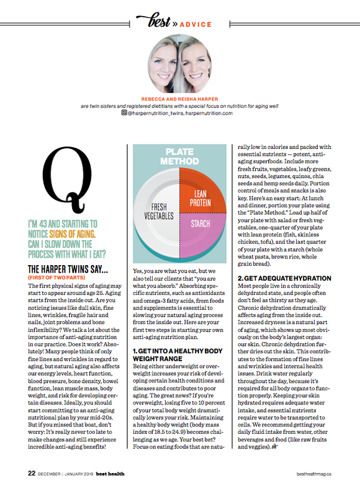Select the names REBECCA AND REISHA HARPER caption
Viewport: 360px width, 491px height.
(x=179, y=98)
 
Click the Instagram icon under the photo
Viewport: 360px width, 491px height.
(x=125, y=113)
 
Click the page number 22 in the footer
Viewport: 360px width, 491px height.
(x=31, y=473)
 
